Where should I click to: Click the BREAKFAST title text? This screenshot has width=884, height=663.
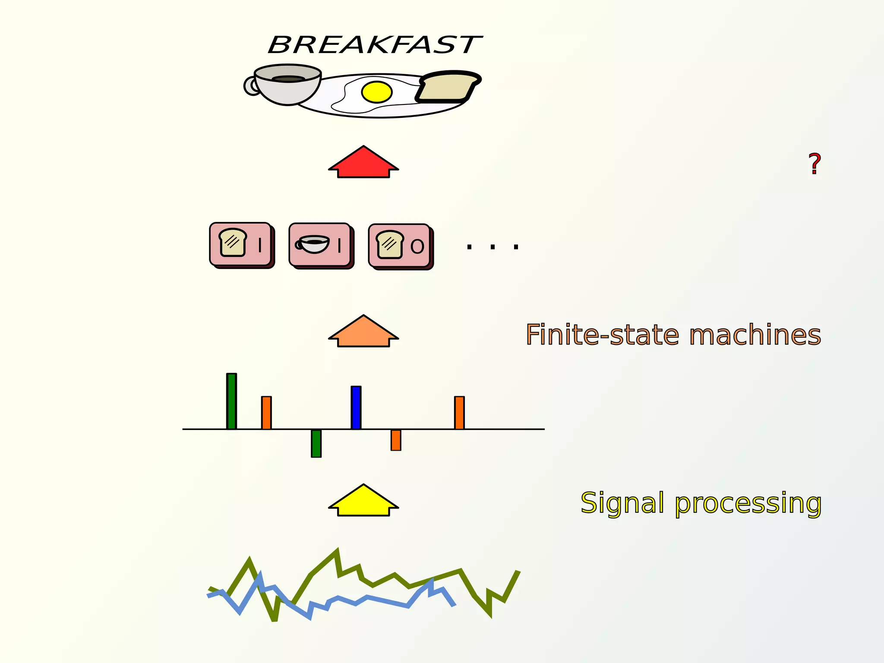pyautogui.click(x=375, y=45)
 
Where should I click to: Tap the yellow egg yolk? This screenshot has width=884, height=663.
pyautogui.click(x=376, y=92)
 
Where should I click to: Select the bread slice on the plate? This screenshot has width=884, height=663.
pyautogui.click(x=448, y=87)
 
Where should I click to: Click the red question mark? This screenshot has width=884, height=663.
pyautogui.click(x=814, y=164)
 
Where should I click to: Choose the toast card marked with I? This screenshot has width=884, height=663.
pyautogui.click(x=240, y=244)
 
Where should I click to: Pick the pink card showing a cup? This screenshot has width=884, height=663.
pyautogui.click(x=320, y=245)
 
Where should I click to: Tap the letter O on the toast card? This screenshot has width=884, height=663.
pyautogui.click(x=417, y=246)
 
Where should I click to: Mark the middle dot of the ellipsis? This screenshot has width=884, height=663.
pyautogui.click(x=493, y=247)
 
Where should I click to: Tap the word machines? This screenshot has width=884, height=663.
pyautogui.click(x=755, y=335)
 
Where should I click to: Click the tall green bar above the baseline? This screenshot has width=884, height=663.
pyautogui.click(x=231, y=401)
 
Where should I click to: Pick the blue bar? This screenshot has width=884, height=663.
pyautogui.click(x=356, y=407)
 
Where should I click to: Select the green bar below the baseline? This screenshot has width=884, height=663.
pyautogui.click(x=316, y=443)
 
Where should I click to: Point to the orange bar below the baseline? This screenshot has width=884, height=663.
pyautogui.click(x=396, y=440)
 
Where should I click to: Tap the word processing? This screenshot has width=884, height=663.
pyautogui.click(x=748, y=504)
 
